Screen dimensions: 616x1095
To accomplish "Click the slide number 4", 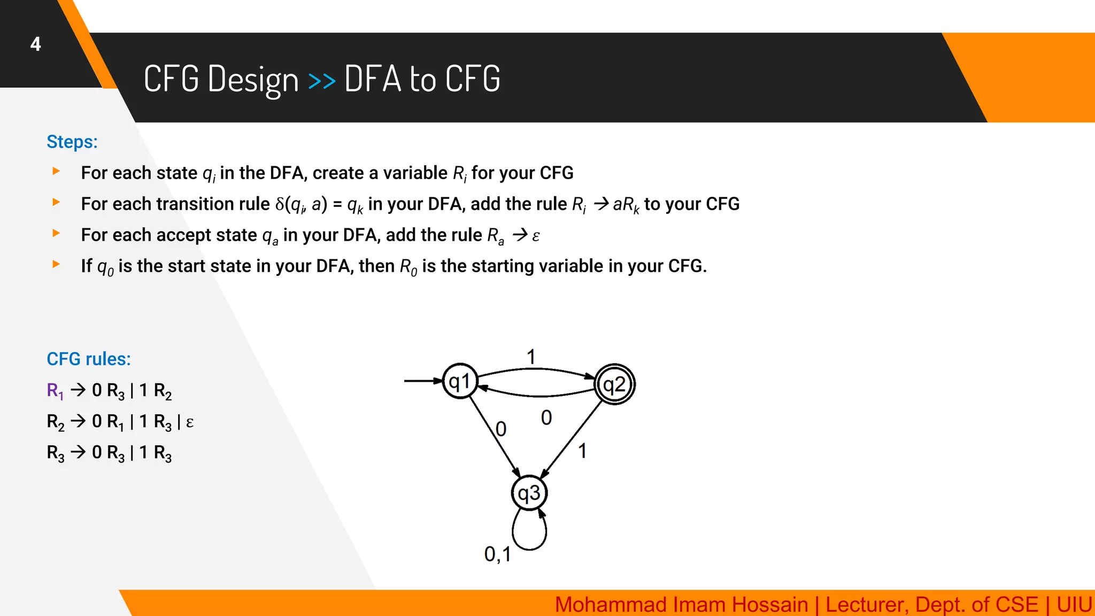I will [x=35, y=44].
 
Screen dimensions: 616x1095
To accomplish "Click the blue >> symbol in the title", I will [x=322, y=81].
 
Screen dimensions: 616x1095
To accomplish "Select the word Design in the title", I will [x=253, y=80].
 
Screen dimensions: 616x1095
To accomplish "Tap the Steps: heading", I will [x=72, y=142].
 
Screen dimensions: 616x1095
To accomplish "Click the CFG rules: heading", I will [x=89, y=359].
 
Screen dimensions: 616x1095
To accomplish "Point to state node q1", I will [x=460, y=381].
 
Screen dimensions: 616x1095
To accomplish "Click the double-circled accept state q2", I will [x=614, y=384].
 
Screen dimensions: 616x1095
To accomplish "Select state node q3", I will [x=529, y=493].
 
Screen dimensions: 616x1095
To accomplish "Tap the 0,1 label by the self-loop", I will [x=497, y=554].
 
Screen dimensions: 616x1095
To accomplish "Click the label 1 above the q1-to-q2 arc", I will [x=531, y=357].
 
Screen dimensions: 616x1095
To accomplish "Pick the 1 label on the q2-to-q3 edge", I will [x=582, y=451].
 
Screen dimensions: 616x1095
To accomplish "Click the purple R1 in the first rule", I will [x=55, y=391].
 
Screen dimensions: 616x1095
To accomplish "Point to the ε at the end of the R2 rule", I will [x=189, y=422].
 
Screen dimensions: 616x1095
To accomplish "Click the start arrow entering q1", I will [x=423, y=381].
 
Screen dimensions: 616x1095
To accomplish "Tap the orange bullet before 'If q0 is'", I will [x=56, y=264].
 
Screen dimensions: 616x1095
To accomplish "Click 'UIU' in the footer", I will [x=1074, y=605].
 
